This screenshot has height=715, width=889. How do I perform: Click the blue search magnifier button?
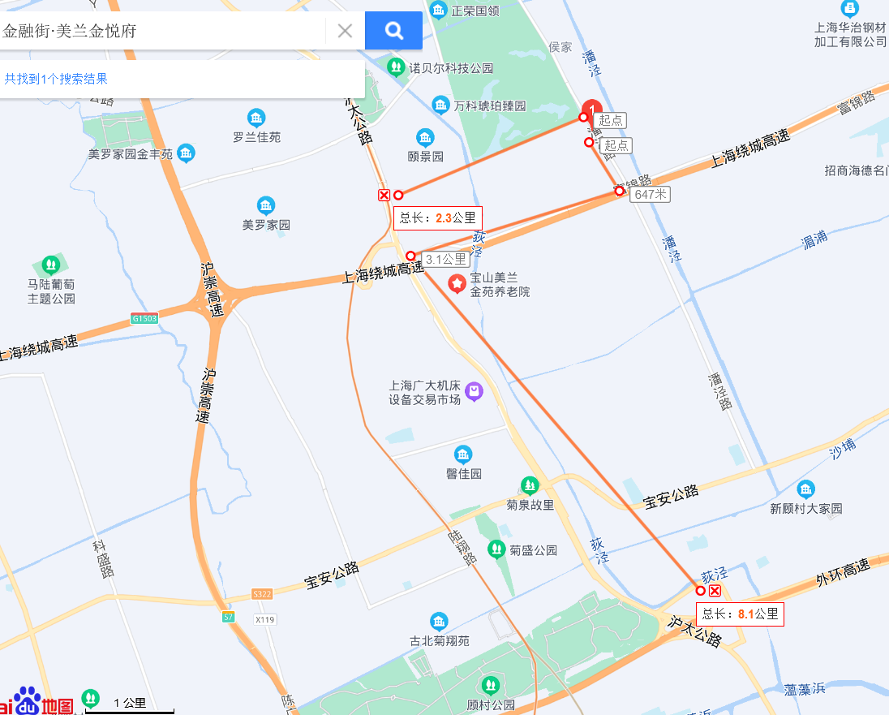[393, 31]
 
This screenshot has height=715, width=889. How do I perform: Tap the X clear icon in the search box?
[345, 31]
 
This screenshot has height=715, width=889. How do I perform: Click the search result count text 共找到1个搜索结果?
[56, 79]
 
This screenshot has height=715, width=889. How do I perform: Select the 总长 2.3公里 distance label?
[438, 218]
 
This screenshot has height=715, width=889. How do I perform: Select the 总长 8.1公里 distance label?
[741, 614]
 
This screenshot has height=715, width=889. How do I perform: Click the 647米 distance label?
[651, 194]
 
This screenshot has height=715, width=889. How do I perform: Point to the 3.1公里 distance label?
[446, 259]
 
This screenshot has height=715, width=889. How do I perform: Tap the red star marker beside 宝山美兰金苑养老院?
[457, 283]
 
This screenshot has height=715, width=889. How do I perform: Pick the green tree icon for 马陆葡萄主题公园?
[51, 265]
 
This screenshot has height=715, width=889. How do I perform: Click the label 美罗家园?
[266, 224]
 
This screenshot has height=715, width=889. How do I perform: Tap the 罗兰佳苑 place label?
[256, 137]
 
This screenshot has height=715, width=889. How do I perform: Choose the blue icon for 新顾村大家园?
[805, 489]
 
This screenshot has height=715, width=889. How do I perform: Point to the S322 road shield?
[261, 594]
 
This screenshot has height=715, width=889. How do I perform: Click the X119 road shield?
[265, 619]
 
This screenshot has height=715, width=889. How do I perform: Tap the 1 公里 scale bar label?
[130, 703]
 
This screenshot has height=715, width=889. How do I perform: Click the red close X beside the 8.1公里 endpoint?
[715, 591]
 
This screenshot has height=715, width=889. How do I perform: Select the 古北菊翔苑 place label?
[439, 640]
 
